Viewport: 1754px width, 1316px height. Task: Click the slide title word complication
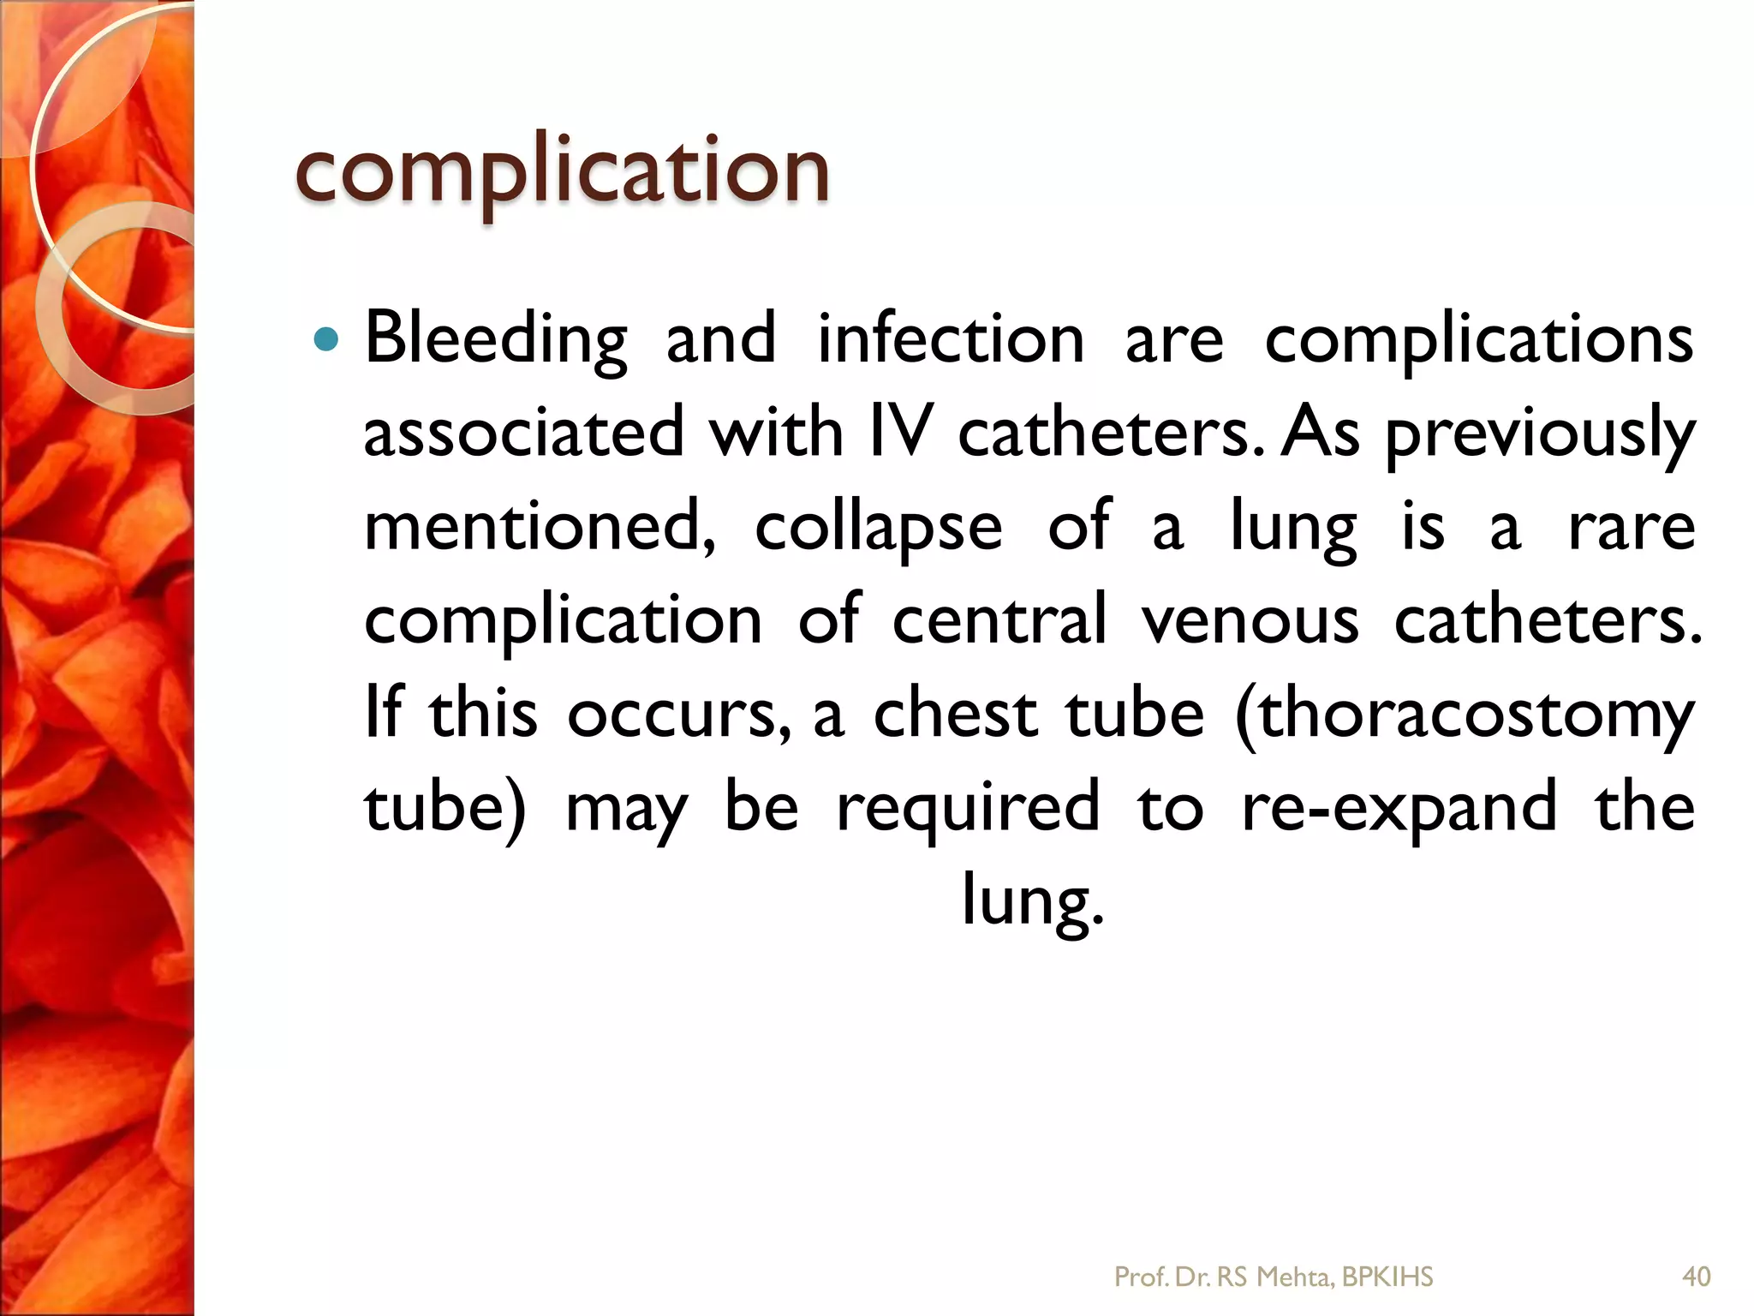tap(562, 171)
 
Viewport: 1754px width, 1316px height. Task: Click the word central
tap(999, 619)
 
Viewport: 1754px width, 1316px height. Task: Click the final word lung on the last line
tap(1031, 901)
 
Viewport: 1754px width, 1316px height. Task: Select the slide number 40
tap(1697, 1277)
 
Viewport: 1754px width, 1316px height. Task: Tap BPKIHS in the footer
tap(1387, 1277)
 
